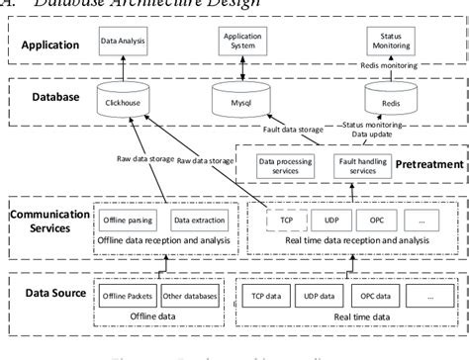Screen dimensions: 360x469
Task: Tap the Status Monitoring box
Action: pos(384,42)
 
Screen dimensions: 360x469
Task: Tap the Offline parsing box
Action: pos(124,220)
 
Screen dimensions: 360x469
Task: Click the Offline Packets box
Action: pos(124,295)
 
